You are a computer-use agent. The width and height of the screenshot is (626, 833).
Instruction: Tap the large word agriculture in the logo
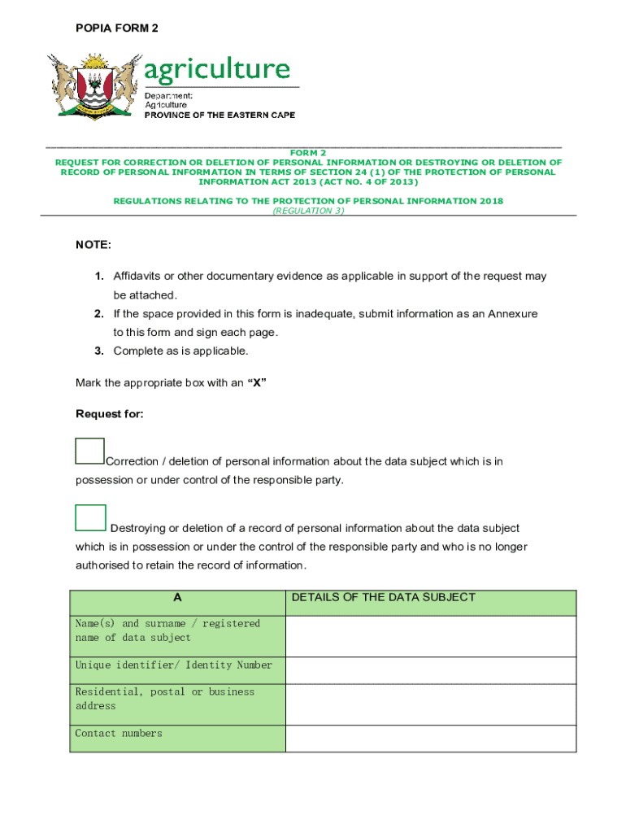point(217,70)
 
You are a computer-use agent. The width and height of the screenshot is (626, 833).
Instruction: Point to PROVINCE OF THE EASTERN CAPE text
point(220,116)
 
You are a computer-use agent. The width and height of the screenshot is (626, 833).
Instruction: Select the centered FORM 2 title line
point(308,153)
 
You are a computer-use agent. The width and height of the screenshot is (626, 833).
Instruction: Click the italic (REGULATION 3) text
point(308,211)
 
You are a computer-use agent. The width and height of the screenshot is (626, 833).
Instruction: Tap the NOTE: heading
point(93,245)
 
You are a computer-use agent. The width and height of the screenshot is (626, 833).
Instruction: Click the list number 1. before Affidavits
point(98,277)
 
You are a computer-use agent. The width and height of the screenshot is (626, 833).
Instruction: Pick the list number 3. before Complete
point(98,351)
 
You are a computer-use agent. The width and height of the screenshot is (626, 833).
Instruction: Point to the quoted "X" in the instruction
point(257,383)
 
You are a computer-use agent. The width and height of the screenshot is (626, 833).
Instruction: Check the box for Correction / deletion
point(89,451)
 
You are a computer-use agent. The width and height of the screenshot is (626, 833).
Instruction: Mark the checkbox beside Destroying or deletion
point(90,518)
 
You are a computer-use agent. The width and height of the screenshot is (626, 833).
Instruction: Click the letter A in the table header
point(177,598)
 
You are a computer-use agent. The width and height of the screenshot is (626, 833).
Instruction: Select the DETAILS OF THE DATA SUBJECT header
point(383,598)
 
